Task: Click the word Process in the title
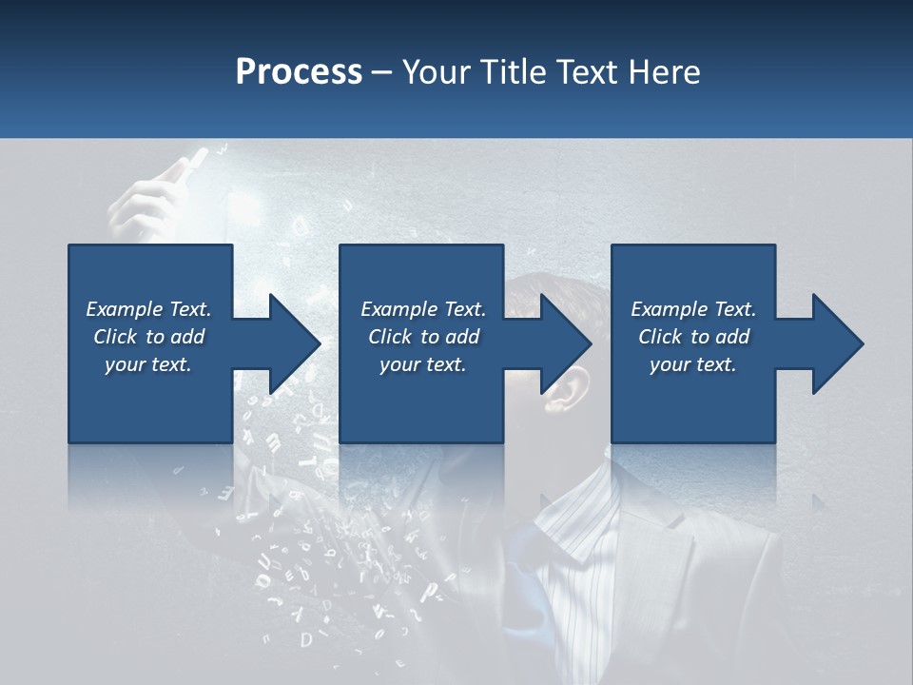[299, 72]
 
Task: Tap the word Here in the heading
[663, 72]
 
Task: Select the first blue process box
[150, 400]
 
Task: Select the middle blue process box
[421, 400]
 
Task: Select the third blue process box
[693, 400]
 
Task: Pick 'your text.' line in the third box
[693, 364]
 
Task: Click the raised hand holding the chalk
[152, 195]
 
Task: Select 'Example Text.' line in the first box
[148, 309]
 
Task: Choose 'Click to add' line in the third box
[693, 337]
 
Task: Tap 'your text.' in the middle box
[422, 364]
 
